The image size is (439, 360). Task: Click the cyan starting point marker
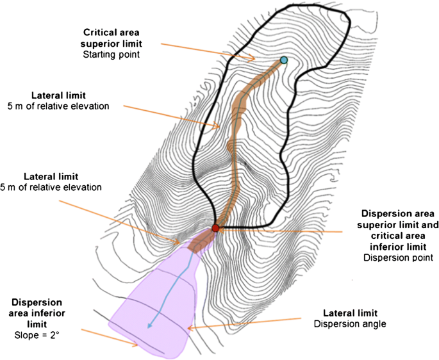point(283,60)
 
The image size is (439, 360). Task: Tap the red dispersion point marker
point(215,227)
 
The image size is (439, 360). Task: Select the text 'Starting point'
point(112,54)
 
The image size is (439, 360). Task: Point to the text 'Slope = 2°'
point(37,335)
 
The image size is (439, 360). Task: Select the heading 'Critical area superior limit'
point(112,38)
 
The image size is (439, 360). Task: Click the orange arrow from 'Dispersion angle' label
point(244,323)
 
